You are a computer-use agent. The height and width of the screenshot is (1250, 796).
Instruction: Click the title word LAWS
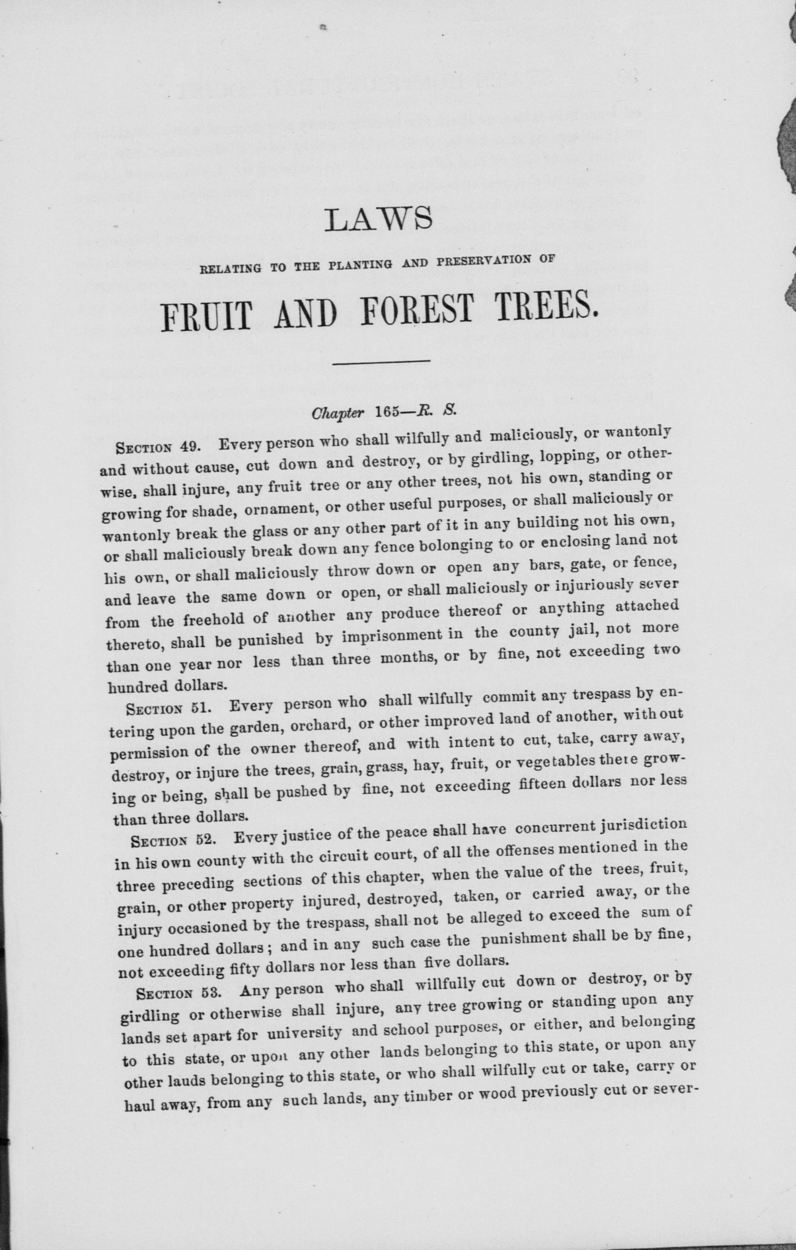pos(378,219)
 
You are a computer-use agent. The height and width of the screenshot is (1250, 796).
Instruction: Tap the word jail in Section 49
pos(582,630)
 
